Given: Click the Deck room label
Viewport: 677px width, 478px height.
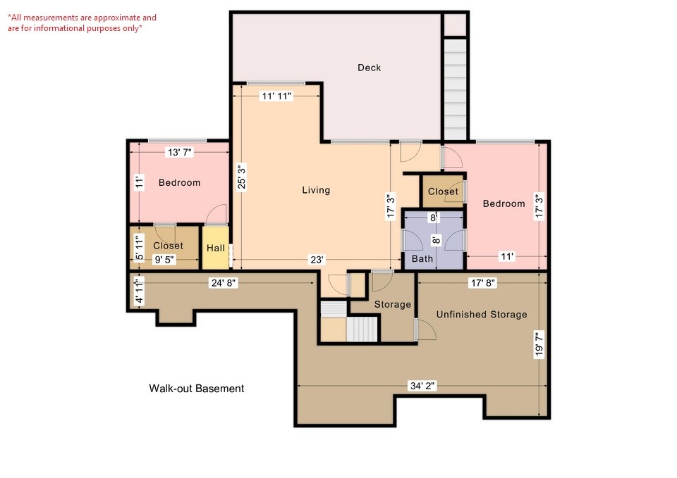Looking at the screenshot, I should tap(369, 68).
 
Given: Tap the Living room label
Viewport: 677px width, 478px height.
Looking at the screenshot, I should tap(316, 190).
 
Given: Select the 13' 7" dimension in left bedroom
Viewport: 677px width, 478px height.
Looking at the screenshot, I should tap(179, 151).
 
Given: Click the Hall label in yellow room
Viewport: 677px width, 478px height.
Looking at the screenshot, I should tap(215, 248).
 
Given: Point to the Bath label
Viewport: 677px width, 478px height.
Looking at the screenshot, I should tap(422, 259).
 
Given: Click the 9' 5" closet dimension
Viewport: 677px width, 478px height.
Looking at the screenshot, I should tap(164, 260).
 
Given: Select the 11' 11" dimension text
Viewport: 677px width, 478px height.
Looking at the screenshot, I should tap(276, 95).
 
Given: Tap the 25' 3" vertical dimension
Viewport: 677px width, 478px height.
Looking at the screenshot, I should tap(241, 177).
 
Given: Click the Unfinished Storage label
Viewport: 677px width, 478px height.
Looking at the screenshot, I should tap(481, 314).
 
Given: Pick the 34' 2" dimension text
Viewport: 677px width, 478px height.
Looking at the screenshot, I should tap(423, 386).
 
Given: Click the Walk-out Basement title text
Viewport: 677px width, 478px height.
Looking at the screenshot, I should tap(196, 389).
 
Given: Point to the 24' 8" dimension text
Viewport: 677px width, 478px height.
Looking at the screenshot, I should tap(222, 283).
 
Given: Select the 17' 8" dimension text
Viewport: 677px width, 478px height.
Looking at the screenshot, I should tap(482, 283).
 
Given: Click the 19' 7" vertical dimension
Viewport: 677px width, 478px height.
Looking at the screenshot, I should tap(540, 345).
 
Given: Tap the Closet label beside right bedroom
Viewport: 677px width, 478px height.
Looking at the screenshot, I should tap(443, 191).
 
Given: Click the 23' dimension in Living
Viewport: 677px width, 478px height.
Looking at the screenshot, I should tap(317, 260).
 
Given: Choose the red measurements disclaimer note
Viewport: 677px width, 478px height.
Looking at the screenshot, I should tap(83, 23).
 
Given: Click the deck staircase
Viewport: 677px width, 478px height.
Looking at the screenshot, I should tap(456, 89).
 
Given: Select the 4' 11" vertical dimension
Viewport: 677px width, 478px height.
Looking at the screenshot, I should tap(139, 291).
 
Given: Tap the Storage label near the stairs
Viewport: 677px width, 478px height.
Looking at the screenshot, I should tap(392, 304).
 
